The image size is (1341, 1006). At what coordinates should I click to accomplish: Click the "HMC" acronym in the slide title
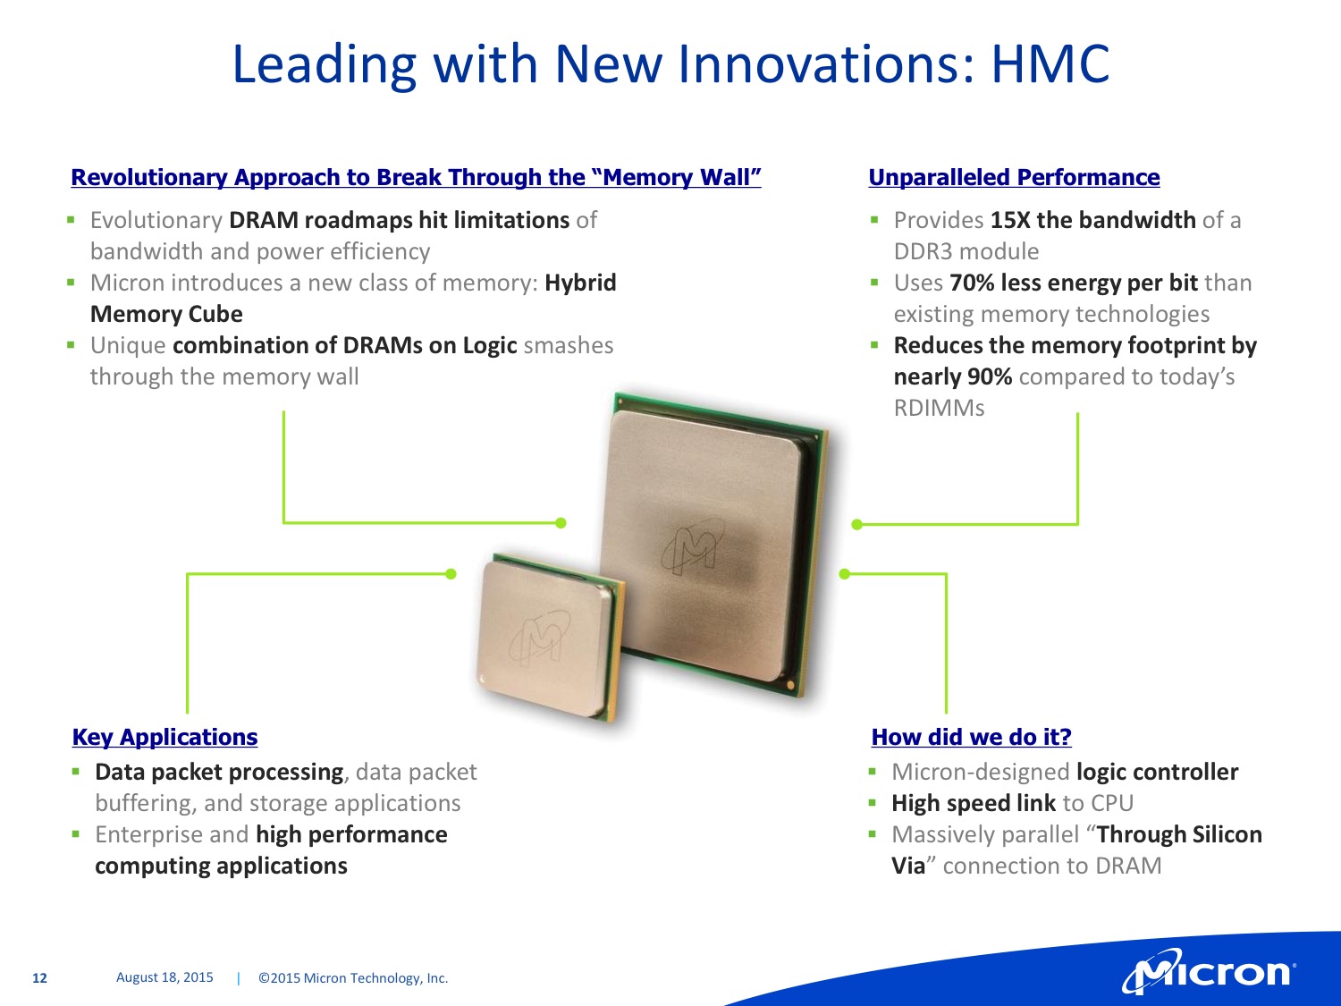1049,63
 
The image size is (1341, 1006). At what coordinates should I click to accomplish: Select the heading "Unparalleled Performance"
1014,177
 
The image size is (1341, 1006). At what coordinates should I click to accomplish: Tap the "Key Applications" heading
165,737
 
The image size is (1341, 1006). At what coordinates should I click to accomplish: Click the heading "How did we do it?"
972,737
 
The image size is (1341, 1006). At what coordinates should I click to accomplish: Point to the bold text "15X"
1010,220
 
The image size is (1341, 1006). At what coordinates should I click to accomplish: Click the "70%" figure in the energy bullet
972,283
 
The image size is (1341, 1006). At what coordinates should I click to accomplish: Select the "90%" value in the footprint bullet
990,376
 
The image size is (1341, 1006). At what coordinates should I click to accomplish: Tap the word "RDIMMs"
939,408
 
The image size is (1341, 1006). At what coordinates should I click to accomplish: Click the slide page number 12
39,978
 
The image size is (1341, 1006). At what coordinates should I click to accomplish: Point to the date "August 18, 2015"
164,977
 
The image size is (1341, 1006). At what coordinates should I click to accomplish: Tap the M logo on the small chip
539,638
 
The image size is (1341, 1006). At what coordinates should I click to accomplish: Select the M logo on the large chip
694,546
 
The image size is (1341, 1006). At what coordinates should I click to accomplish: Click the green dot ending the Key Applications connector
451,573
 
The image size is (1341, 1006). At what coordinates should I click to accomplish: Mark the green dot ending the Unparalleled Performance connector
857,524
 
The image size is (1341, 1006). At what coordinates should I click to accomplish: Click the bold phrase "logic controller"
1157,772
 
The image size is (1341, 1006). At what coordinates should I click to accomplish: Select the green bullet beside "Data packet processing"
76,772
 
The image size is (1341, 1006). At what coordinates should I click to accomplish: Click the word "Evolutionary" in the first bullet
156,221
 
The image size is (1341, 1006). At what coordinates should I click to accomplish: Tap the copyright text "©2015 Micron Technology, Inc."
353,978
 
